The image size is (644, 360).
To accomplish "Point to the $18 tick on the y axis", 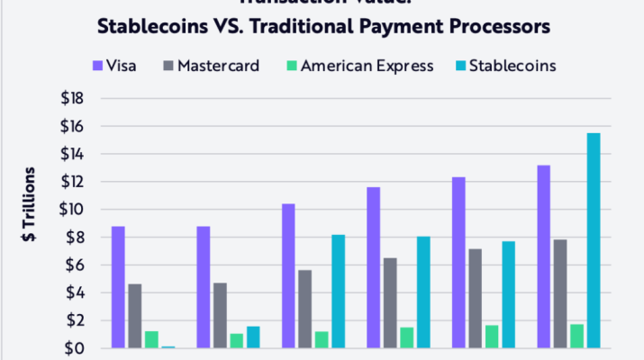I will pos(73,98).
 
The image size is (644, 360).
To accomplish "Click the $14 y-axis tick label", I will pos(73,154).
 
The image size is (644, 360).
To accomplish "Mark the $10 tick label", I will pos(73,210).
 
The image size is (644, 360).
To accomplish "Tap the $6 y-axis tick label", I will pos(73,265).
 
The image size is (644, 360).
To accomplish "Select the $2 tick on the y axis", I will pos(73,320).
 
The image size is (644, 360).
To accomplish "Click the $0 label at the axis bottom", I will pos(73,348).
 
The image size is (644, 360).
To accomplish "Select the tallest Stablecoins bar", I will pos(593,240).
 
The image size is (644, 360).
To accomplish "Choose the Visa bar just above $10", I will pos(287,275).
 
